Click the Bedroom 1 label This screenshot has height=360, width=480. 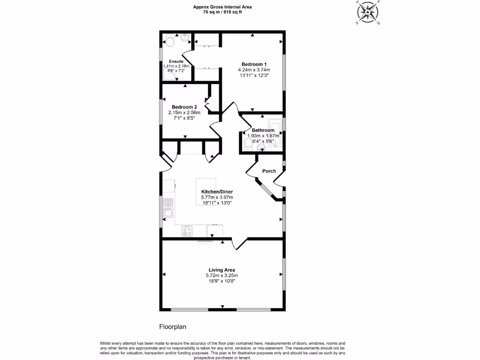254,64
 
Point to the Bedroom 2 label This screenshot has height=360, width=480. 184,107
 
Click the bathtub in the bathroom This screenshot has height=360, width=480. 276,131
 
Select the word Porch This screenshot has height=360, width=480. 269,171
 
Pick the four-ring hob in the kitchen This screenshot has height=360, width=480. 187,231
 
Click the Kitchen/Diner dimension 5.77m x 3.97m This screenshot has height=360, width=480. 214,197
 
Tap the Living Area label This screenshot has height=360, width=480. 222,270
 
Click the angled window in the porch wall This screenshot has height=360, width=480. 268,190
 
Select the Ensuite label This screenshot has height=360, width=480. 176,61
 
